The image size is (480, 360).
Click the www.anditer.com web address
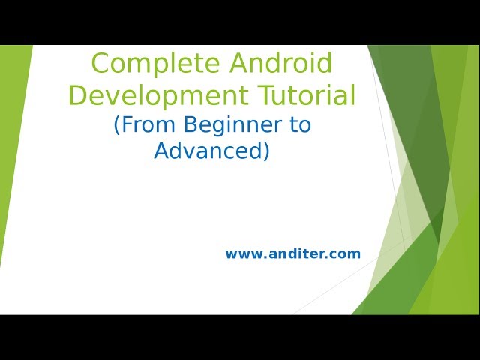click(x=292, y=253)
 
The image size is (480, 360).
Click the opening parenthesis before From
click(x=117, y=125)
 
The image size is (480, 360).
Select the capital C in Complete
click(x=100, y=64)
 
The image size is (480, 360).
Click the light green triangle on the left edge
click(x=10, y=135)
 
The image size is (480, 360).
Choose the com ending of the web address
click(x=346, y=254)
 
